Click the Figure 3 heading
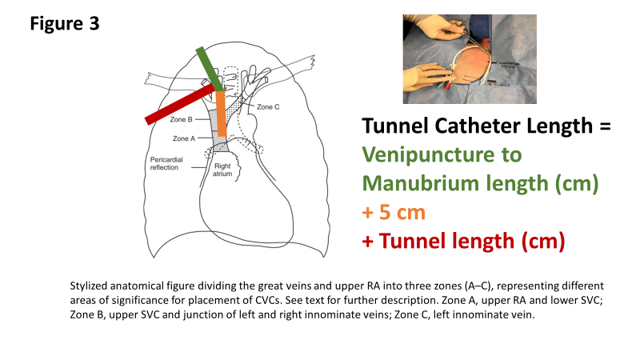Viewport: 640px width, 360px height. coord(65,23)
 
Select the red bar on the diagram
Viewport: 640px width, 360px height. coord(179,106)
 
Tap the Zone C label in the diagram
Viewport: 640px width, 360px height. coord(269,106)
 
